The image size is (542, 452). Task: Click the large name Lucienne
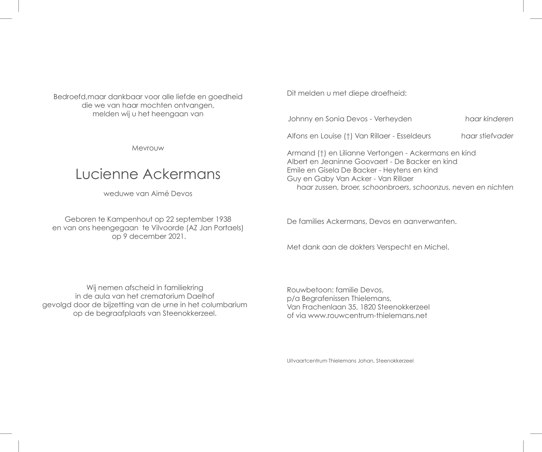107,174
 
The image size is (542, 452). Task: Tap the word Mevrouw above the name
148,148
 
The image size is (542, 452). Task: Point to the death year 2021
176,236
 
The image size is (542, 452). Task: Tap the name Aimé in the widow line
160,194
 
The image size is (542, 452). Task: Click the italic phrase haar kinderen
489,119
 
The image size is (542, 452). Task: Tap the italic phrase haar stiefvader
487,136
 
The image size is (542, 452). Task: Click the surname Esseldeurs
414,136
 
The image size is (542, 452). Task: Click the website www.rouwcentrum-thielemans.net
367,316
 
